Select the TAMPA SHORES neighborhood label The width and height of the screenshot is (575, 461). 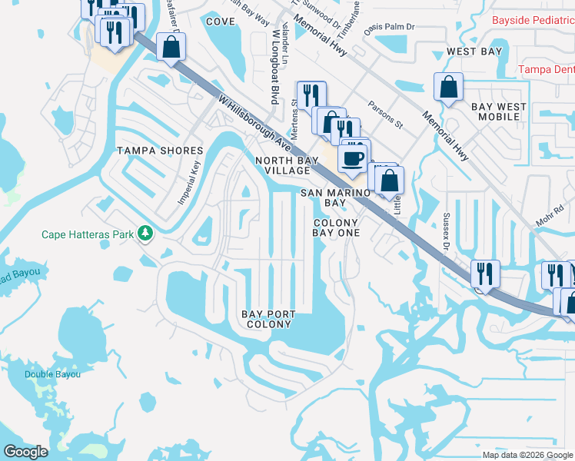(159, 151)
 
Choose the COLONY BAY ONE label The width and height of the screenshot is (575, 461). (337, 227)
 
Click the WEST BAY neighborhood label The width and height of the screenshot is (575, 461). (474, 51)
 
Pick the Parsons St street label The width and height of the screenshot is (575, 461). (385, 112)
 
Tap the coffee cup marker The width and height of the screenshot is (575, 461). (352, 158)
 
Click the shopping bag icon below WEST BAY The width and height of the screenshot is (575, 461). (448, 88)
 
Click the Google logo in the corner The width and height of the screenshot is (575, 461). (25, 451)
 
